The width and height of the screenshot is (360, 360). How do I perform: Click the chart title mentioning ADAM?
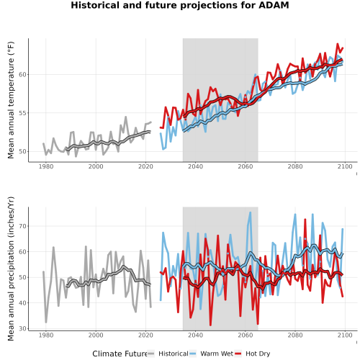point(180,5)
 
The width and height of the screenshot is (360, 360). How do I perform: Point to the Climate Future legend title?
point(120,354)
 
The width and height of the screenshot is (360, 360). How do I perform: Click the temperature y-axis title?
point(11,100)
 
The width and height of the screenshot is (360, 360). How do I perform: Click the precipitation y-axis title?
point(11,269)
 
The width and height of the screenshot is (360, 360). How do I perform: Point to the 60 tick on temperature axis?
point(22,75)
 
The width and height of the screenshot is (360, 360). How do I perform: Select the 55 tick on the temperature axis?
point(22,113)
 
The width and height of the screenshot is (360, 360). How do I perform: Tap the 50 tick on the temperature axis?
point(22,151)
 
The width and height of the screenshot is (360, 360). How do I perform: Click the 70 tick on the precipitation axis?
point(22,226)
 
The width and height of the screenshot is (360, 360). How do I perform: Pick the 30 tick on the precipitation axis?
point(22,328)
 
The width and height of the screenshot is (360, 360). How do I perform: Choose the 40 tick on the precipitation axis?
point(22,303)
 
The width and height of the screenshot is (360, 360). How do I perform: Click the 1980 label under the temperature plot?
point(46,166)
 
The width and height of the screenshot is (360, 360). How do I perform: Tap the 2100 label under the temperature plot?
point(345,166)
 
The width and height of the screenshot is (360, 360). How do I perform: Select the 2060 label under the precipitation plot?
point(246,335)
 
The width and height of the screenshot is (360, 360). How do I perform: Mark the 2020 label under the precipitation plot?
point(145,335)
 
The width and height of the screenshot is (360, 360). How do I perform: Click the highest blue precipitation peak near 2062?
point(251,212)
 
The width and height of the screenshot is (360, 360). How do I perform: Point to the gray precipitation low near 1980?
point(46,322)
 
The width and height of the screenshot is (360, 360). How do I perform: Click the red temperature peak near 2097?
point(338,44)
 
